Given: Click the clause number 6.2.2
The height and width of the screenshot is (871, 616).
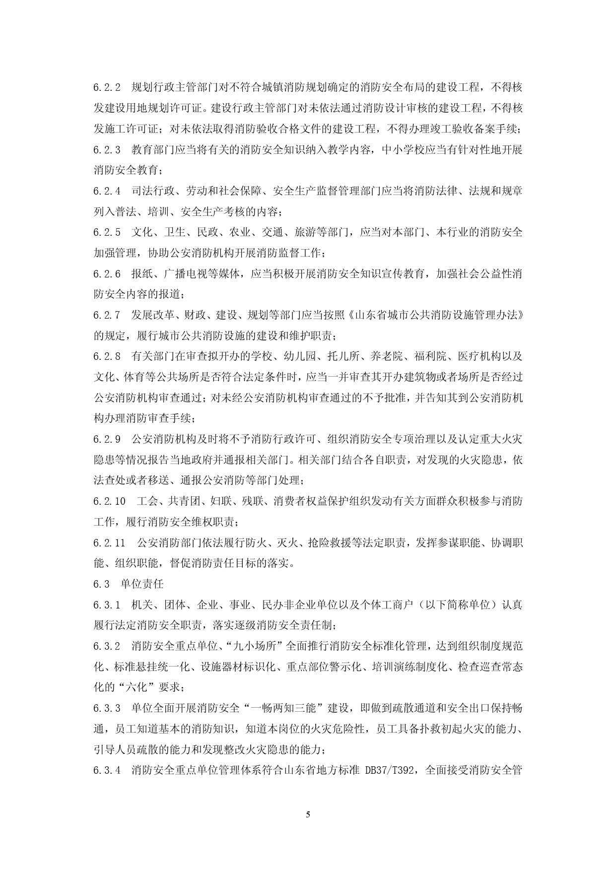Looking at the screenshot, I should point(107,88).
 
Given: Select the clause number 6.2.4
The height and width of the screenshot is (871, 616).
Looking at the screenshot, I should point(107,191).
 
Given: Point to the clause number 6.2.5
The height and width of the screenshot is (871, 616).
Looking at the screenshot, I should point(107,232).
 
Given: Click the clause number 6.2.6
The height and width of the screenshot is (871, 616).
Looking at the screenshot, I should point(107,273).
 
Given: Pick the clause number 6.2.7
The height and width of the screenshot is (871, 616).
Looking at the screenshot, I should point(107,315).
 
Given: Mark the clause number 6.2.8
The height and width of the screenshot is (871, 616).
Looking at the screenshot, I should point(107,356).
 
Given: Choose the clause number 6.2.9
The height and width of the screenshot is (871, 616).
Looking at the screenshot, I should point(107,439).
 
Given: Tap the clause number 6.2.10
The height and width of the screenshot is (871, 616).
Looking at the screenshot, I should point(109,501).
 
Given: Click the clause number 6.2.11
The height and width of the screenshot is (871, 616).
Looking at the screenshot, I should point(109,542).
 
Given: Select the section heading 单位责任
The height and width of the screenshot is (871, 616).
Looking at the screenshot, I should point(142,584).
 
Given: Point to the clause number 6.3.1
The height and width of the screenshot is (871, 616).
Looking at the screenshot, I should point(107,604).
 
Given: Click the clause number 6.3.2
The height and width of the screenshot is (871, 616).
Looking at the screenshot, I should point(107,646).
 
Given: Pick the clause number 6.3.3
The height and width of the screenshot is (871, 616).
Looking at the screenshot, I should point(107,708).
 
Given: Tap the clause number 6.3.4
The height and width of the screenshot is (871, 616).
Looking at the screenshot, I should point(107,770).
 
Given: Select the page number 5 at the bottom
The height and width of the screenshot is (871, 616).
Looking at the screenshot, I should point(308,814).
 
